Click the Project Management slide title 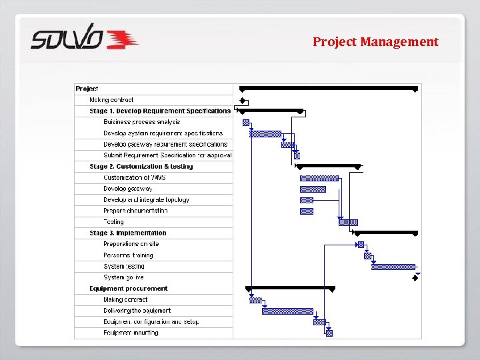[375, 42]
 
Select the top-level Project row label [87, 89]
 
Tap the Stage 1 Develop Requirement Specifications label [160, 111]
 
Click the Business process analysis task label [141, 122]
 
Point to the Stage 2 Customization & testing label [141, 167]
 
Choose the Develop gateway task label [127, 189]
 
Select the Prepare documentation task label [135, 211]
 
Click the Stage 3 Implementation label [128, 233]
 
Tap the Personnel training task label [128, 255]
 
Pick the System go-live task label [123, 277]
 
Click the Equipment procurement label [129, 289]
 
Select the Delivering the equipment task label [137, 311]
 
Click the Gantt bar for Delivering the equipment [287, 311]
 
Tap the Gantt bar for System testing [393, 267]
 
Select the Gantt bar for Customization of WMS [319, 178]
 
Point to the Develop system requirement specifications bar [265, 133]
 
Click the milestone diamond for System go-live [415, 278]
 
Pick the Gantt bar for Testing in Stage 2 [348, 222]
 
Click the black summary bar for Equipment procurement [290, 288]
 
